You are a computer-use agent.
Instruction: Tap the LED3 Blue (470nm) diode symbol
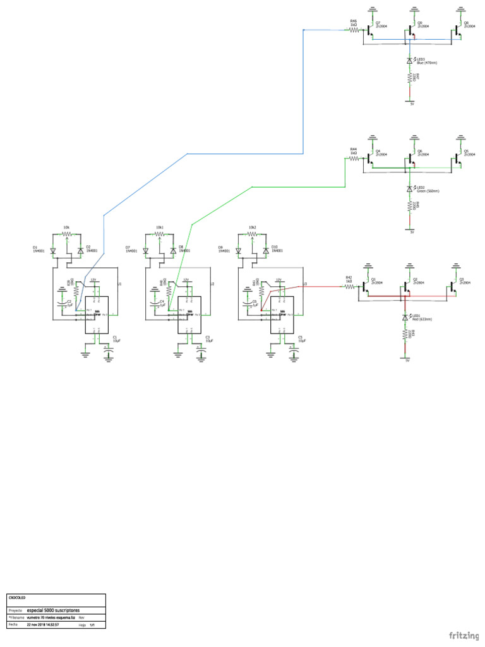(410, 60)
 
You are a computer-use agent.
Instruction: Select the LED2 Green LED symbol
(410, 188)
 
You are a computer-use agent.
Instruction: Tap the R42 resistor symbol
(349, 286)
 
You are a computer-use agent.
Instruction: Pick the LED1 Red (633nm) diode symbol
(405, 316)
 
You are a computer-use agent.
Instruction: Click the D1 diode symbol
(53, 251)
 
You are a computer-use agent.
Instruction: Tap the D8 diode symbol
(173, 251)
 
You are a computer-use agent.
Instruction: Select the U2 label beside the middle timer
(212, 284)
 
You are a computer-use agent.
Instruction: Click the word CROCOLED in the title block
(17, 597)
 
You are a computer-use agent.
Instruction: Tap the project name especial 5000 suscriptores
(53, 611)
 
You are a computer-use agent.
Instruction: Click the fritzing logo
(464, 634)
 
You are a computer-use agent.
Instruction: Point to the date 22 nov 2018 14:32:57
(42, 624)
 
